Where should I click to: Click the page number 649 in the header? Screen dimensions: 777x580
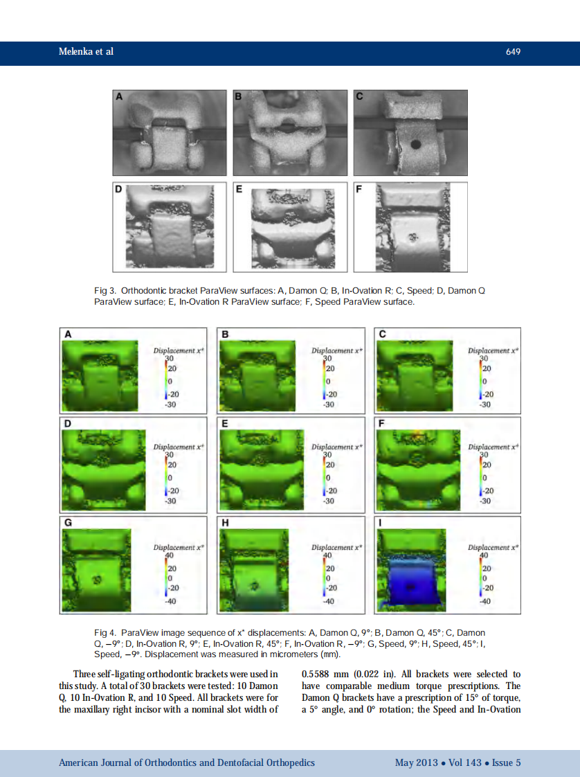[x=513, y=52]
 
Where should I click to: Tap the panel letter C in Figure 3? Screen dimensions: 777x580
[x=360, y=98]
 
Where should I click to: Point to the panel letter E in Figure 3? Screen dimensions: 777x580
[x=239, y=189]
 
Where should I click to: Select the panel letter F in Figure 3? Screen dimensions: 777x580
[x=359, y=189]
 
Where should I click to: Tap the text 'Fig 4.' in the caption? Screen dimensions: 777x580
[x=105, y=633]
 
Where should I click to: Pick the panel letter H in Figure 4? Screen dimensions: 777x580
[x=224, y=522]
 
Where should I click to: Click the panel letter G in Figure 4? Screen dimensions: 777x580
[x=68, y=522]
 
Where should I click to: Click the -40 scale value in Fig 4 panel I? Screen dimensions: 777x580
[x=484, y=601]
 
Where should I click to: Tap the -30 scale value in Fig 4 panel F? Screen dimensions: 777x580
[x=485, y=500]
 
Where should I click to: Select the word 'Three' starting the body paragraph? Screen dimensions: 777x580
[x=85, y=674]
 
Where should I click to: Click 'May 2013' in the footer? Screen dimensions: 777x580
[x=416, y=762]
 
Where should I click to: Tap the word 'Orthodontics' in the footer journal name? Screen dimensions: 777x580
[x=171, y=762]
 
